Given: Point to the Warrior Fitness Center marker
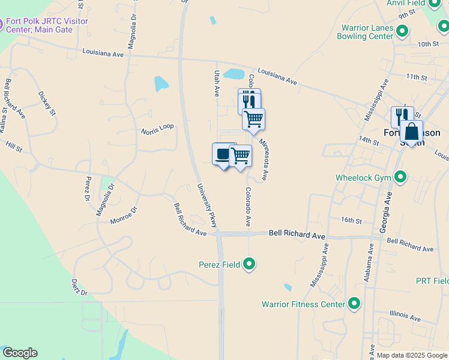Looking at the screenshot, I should coord(354,304).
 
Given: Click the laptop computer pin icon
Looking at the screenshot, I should coord(222,154).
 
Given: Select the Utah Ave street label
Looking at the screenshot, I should coord(217,83).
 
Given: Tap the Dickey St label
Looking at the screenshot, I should coord(47,103).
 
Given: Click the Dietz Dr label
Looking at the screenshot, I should coord(79,287).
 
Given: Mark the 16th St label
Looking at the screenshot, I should coord(351,221).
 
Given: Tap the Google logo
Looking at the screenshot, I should coord(19,353).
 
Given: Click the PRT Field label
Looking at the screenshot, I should coord(432,281).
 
